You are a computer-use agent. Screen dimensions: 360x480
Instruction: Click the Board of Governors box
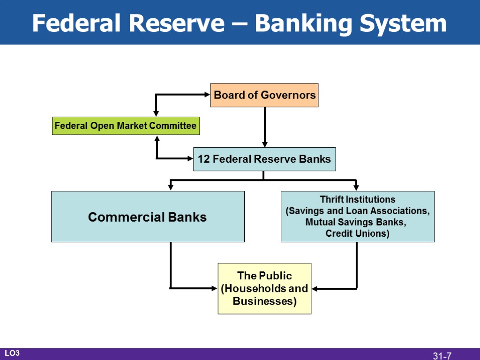tap(264, 95)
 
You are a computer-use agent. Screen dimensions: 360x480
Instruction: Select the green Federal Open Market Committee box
tap(126, 126)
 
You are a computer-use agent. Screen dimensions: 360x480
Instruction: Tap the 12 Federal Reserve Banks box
tap(264, 159)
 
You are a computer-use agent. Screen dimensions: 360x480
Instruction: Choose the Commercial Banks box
tap(148, 217)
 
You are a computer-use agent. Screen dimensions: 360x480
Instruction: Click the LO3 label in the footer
tap(12, 353)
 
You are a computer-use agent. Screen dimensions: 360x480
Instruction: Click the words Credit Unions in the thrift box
tap(358, 233)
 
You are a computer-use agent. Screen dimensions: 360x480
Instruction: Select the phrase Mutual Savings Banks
tap(356, 222)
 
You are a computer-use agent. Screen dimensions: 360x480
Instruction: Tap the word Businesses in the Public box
tap(264, 301)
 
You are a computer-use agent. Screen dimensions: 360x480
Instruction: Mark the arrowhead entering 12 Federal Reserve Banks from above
tap(264, 144)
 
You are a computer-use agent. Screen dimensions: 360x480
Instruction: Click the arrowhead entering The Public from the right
tap(315, 288)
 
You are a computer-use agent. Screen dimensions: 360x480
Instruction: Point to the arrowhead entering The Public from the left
tap(215, 288)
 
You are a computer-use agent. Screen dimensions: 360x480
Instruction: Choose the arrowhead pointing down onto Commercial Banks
tap(171, 187)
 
